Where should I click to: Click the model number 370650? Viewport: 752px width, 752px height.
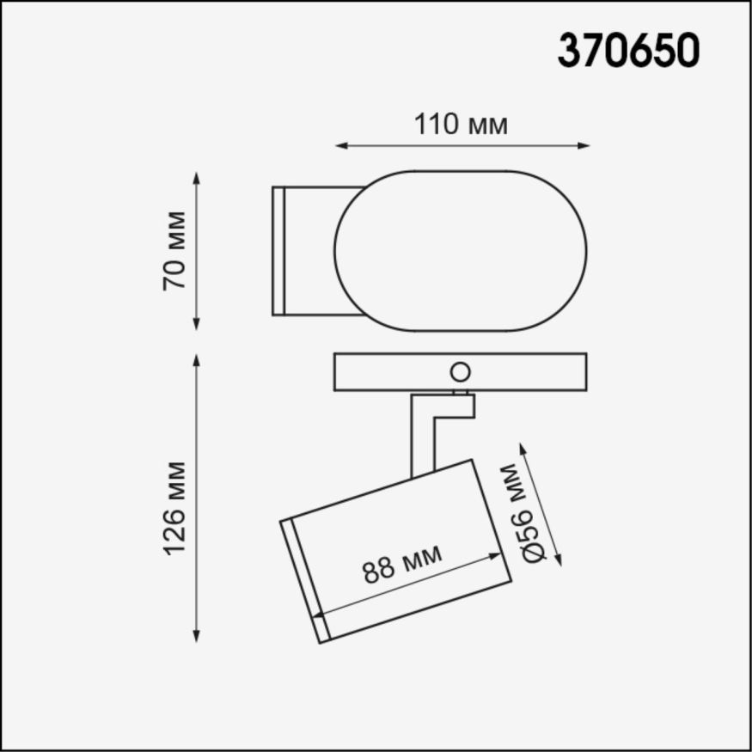628,51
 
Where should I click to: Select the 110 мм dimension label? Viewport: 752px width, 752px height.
462,125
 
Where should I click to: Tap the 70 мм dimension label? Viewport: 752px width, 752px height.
175,250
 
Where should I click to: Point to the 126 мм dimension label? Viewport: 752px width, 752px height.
175,508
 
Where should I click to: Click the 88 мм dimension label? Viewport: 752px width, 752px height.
402,564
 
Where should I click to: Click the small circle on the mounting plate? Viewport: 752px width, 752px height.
461,372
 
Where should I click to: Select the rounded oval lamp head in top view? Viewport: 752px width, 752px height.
461,250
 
